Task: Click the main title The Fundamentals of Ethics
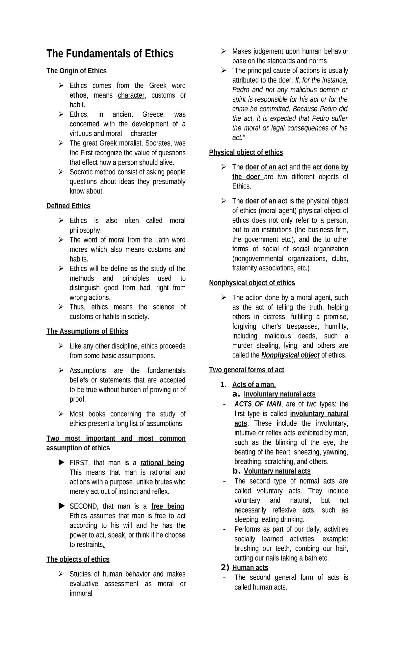point(110,54)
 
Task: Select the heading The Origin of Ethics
point(76,71)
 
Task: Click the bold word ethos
point(78,95)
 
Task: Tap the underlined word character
point(131,95)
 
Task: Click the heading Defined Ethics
point(68,206)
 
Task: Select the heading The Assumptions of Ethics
point(87,331)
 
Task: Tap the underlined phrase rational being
point(162,463)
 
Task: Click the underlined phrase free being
point(168,506)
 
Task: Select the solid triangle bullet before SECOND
point(62,506)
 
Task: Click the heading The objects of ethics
point(78,560)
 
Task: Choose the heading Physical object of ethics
point(246,153)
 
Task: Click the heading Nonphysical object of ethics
point(252,283)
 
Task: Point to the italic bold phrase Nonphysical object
point(290,355)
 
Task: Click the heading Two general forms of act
point(246,370)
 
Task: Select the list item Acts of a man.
point(254,385)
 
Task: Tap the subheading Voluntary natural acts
point(277,471)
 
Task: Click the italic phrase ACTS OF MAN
point(258,404)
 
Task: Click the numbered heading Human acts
point(250,568)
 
